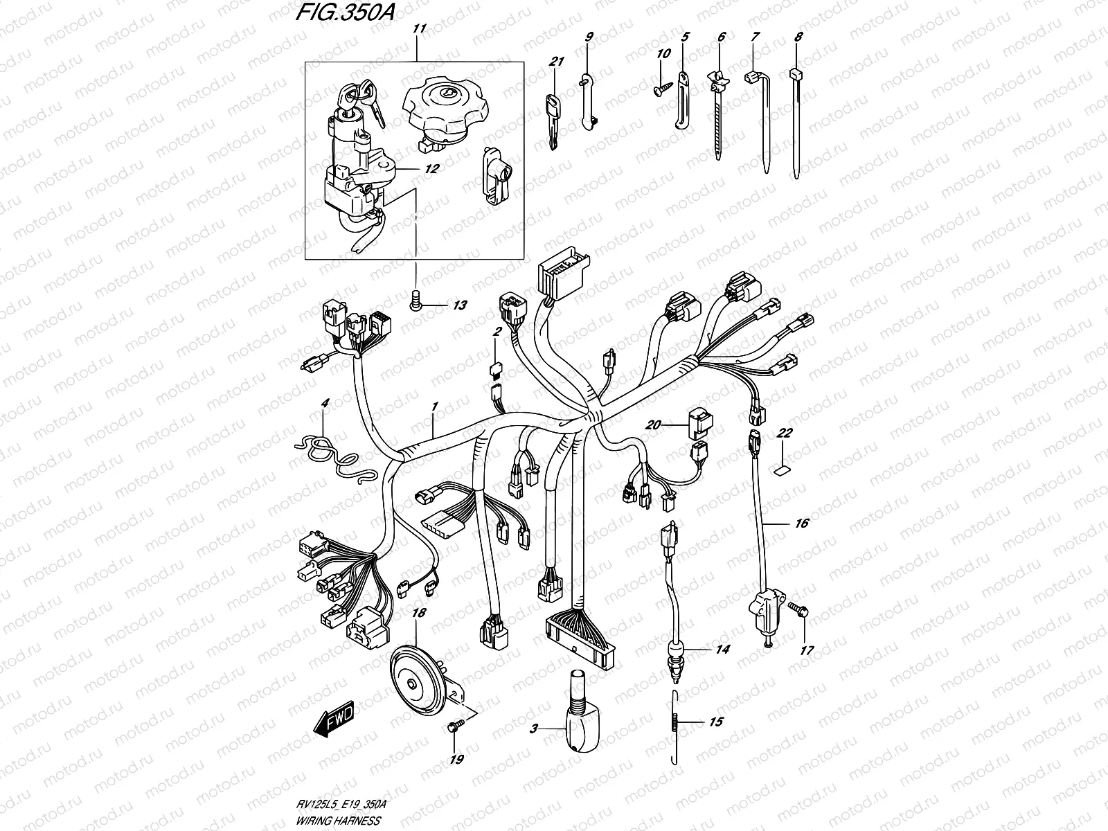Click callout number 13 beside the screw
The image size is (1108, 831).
click(x=440, y=305)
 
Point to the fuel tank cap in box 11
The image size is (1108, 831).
click(x=447, y=116)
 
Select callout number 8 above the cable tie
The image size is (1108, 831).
click(x=798, y=38)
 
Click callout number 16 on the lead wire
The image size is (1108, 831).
click(x=801, y=524)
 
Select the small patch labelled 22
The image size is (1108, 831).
click(x=780, y=471)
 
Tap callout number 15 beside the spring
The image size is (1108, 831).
click(x=715, y=722)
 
